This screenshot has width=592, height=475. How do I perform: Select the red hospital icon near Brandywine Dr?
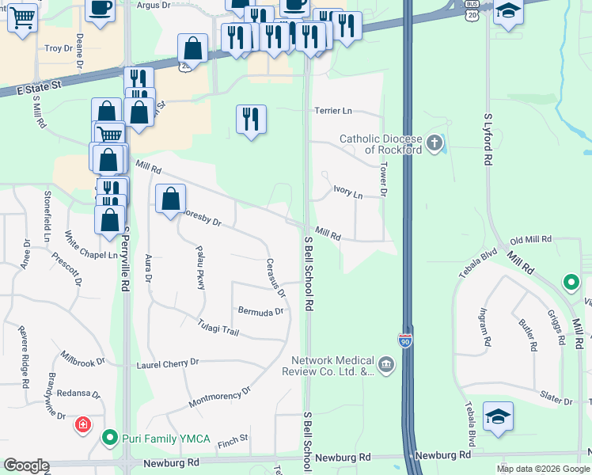[82, 426]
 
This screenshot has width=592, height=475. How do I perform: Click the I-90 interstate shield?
[404, 340]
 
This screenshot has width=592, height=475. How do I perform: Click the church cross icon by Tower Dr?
[435, 143]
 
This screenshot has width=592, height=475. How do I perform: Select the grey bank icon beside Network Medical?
[385, 365]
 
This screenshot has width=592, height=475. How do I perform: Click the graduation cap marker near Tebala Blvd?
[498, 416]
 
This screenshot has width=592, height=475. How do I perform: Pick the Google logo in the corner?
[26, 465]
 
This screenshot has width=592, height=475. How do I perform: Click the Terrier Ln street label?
[333, 111]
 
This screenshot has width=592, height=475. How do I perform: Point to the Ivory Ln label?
[347, 192]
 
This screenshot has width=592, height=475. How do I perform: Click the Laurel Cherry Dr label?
[167, 363]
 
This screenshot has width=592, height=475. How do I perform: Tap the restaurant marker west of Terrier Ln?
[251, 120]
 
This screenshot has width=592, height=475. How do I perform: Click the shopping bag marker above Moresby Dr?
[170, 199]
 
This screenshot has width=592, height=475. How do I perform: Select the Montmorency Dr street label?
[219, 398]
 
